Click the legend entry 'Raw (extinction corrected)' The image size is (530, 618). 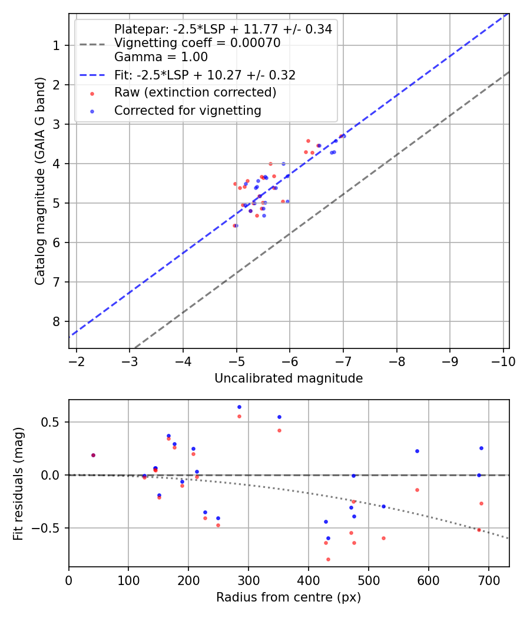point(195,92)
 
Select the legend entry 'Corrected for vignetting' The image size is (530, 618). point(187,110)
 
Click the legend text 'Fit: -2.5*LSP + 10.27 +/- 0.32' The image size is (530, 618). point(204,75)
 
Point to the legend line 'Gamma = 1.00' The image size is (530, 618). point(161,57)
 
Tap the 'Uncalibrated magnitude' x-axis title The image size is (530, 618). point(289,378)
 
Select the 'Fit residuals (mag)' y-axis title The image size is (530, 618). point(19,483)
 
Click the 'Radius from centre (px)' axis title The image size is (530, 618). point(289,597)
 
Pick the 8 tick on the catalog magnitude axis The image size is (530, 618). point(57,321)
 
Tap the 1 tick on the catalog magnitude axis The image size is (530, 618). point(57,45)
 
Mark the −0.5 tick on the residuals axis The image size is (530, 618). point(49,528)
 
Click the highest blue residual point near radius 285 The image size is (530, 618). point(239,407)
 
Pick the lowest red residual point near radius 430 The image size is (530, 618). point(328,559)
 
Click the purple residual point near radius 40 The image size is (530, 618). point(93,455)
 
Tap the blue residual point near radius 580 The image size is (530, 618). point(417,451)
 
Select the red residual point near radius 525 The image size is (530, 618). point(383,538)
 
